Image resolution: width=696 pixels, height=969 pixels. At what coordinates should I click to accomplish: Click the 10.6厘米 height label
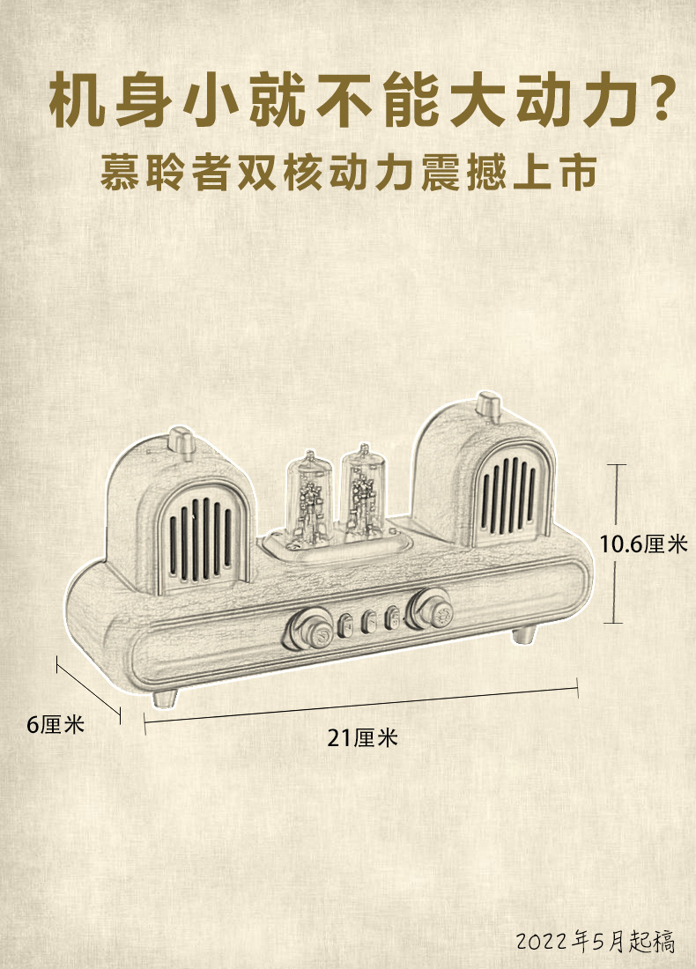coord(642,544)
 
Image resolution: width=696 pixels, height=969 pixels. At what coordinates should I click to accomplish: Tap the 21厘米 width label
coord(362,738)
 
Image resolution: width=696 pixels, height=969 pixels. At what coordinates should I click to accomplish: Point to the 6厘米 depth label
coord(55,725)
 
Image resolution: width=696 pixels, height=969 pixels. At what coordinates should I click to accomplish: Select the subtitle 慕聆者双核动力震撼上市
coord(349,173)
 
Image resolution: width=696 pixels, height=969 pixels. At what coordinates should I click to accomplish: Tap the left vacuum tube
coord(308,498)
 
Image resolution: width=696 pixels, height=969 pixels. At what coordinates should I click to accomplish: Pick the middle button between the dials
coord(368,620)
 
